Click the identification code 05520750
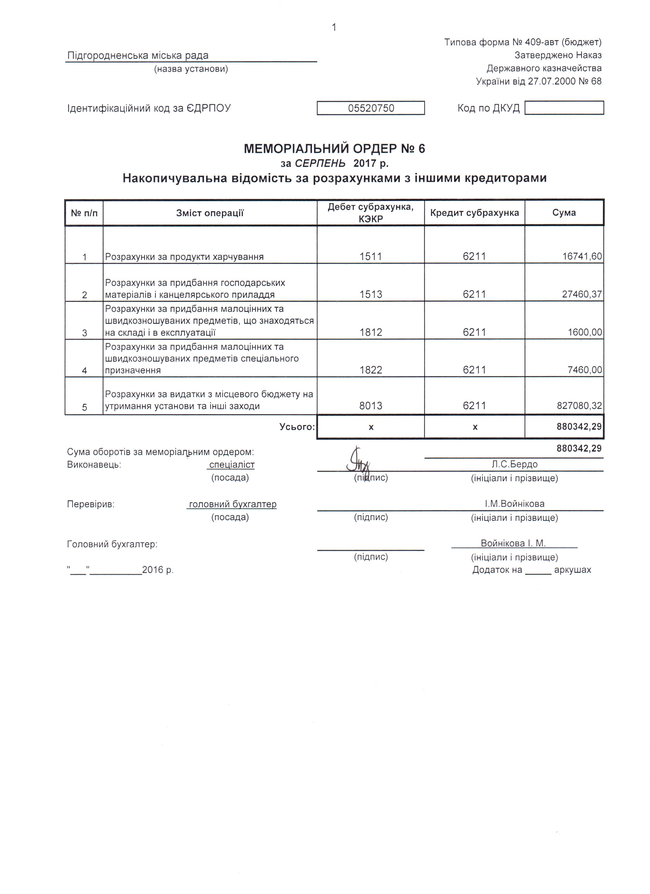pyautogui.click(x=371, y=108)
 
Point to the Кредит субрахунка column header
pyautogui.click(x=474, y=213)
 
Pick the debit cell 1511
pyautogui.click(x=371, y=257)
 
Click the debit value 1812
pyautogui.click(x=371, y=332)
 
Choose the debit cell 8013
pyautogui.click(x=371, y=405)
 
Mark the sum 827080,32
pyautogui.click(x=579, y=405)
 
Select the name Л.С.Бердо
pyautogui.click(x=514, y=464)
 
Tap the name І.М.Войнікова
pyautogui.click(x=514, y=504)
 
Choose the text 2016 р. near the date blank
pyautogui.click(x=158, y=570)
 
